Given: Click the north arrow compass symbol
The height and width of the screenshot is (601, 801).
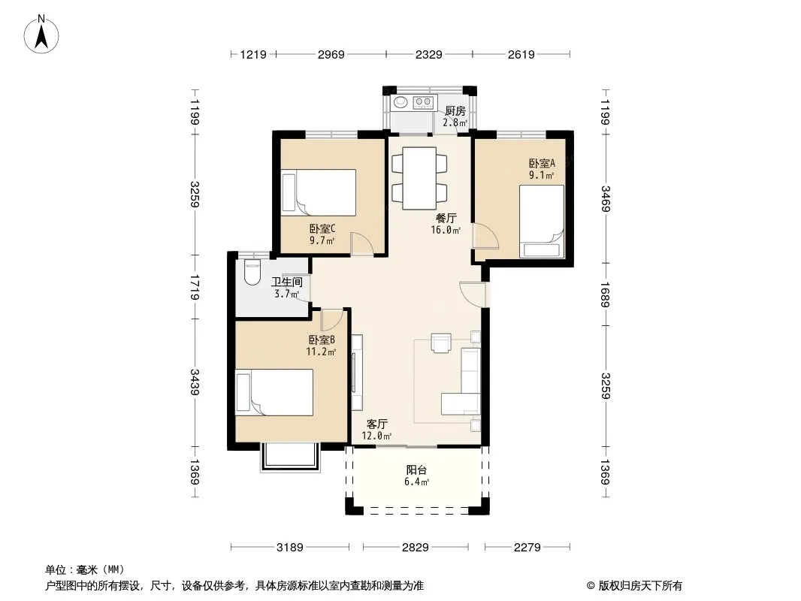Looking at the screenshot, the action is click(x=41, y=35).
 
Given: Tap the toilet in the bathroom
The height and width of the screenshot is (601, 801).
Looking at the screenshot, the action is click(x=252, y=272).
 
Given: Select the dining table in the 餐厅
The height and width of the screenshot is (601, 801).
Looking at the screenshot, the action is click(x=419, y=178).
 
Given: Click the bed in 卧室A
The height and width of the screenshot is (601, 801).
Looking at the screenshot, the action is click(x=542, y=221).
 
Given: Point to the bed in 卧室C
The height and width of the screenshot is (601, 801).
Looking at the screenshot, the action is click(x=319, y=192).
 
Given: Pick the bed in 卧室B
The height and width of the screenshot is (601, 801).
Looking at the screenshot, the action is click(x=274, y=392).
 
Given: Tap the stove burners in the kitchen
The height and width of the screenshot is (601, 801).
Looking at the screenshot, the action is click(x=424, y=102).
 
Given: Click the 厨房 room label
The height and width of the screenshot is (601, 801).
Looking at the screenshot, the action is click(x=455, y=110).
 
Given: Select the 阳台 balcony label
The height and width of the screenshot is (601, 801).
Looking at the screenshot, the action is click(x=416, y=470).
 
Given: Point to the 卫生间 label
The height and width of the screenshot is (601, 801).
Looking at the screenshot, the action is click(x=286, y=282).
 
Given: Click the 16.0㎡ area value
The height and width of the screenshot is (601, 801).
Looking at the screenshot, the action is click(x=446, y=230).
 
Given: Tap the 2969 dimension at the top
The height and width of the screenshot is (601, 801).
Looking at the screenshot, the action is click(x=331, y=55).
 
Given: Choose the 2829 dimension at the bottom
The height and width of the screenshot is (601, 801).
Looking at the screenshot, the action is click(x=415, y=548).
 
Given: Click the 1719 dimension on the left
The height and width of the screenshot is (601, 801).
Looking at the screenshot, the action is click(x=195, y=287).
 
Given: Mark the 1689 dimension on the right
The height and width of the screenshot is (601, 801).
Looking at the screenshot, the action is click(x=606, y=294).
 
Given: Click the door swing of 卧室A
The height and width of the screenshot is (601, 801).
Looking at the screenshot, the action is click(x=485, y=237).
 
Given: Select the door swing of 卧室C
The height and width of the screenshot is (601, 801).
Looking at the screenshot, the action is click(x=362, y=243).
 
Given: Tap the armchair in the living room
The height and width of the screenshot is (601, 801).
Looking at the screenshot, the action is click(x=441, y=343).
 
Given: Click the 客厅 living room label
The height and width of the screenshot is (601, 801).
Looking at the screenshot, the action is click(x=377, y=424).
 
